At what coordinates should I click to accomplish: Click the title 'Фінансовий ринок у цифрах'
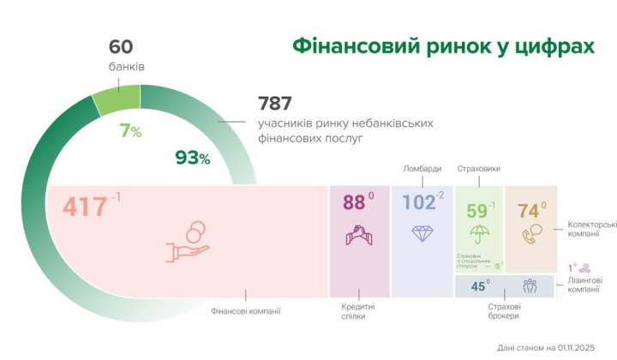pyautogui.click(x=443, y=45)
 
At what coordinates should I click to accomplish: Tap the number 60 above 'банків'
pyautogui.click(x=121, y=47)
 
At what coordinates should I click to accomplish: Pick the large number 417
pyautogui.click(x=85, y=207)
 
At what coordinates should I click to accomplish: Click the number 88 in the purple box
pyautogui.click(x=353, y=203)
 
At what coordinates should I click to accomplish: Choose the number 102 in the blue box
pyautogui.click(x=418, y=203)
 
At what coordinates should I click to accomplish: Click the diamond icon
pyautogui.click(x=422, y=233)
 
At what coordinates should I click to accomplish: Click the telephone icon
pyautogui.click(x=531, y=232)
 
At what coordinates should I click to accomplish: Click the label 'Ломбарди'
pyautogui.click(x=422, y=168)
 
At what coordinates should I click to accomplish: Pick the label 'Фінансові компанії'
pyautogui.click(x=246, y=311)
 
